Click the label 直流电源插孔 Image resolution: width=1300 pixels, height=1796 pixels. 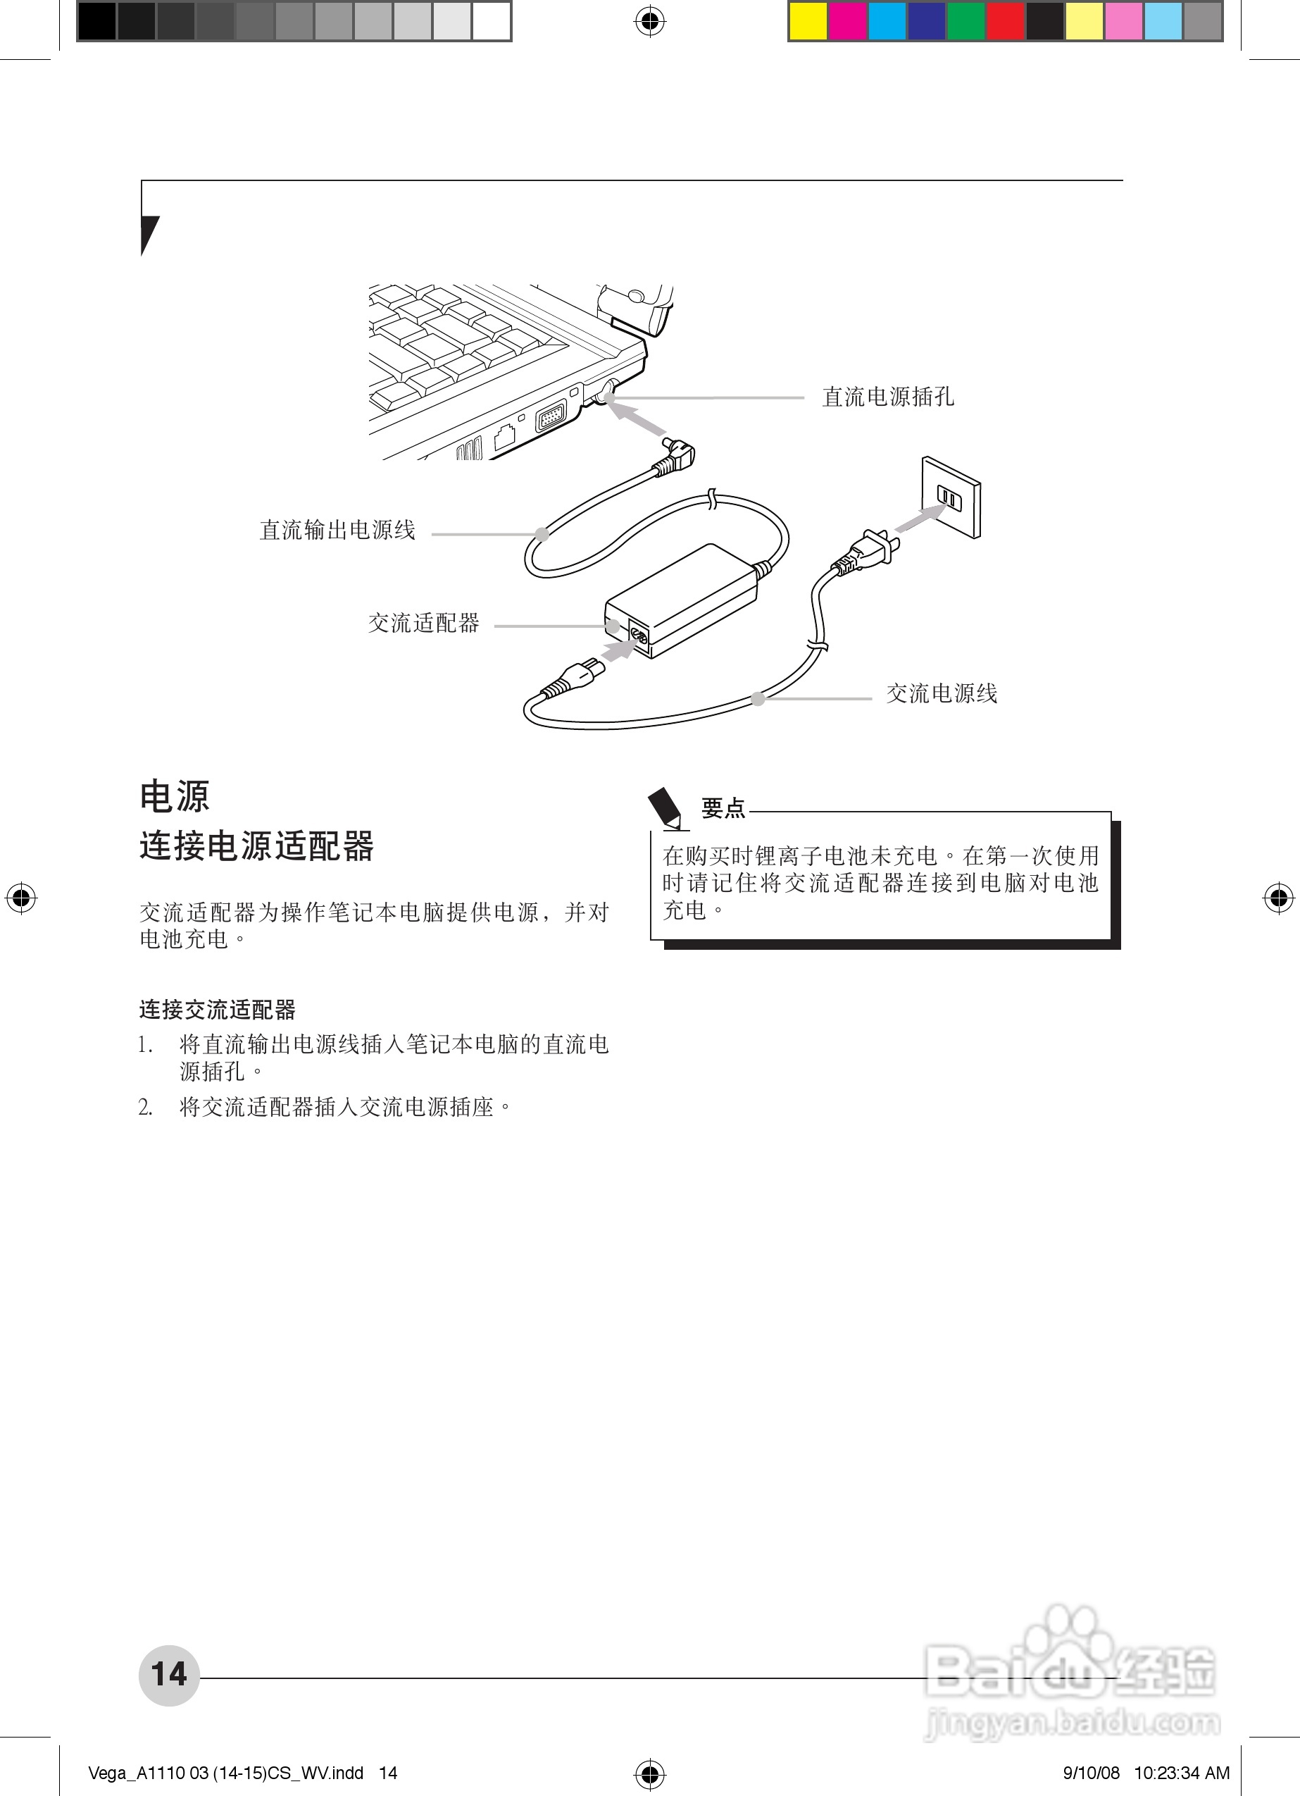click(887, 397)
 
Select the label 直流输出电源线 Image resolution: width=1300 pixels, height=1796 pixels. click(337, 530)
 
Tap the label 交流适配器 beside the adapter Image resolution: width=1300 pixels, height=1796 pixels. click(423, 624)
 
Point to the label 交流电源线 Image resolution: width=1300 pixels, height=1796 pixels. click(942, 694)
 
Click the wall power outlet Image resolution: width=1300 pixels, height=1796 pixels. click(951, 498)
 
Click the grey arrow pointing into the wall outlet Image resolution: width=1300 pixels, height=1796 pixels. click(920, 519)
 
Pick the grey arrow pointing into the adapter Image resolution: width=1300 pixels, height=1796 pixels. click(617, 651)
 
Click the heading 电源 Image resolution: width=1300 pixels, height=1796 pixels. click(175, 796)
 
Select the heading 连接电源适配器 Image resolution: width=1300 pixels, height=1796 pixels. click(256, 846)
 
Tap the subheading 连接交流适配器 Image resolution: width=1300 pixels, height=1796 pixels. click(217, 1010)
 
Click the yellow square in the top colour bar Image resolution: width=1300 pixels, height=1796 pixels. click(808, 21)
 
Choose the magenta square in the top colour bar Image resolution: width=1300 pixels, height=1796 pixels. click(848, 21)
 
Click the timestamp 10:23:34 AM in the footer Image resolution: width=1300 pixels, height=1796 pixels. click(1182, 1773)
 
